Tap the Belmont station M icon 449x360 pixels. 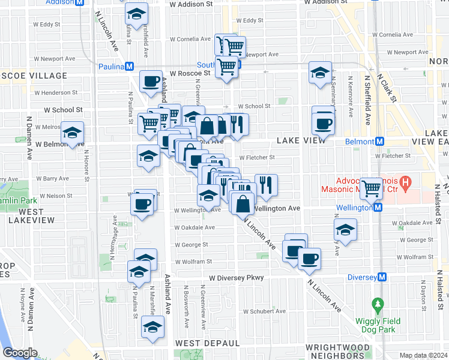[x=379, y=142]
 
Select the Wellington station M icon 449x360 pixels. [x=378, y=208]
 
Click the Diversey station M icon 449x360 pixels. [x=382, y=277]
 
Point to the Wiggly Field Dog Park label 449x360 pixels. [x=377, y=324]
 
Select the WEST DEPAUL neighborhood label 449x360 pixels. [x=207, y=343]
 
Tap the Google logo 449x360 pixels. [x=20, y=353]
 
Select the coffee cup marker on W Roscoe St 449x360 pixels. [x=151, y=81]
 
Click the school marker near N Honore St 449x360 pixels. [x=73, y=133]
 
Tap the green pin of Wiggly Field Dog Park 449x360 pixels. [x=377, y=304]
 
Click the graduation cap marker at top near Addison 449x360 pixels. [x=136, y=14]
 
